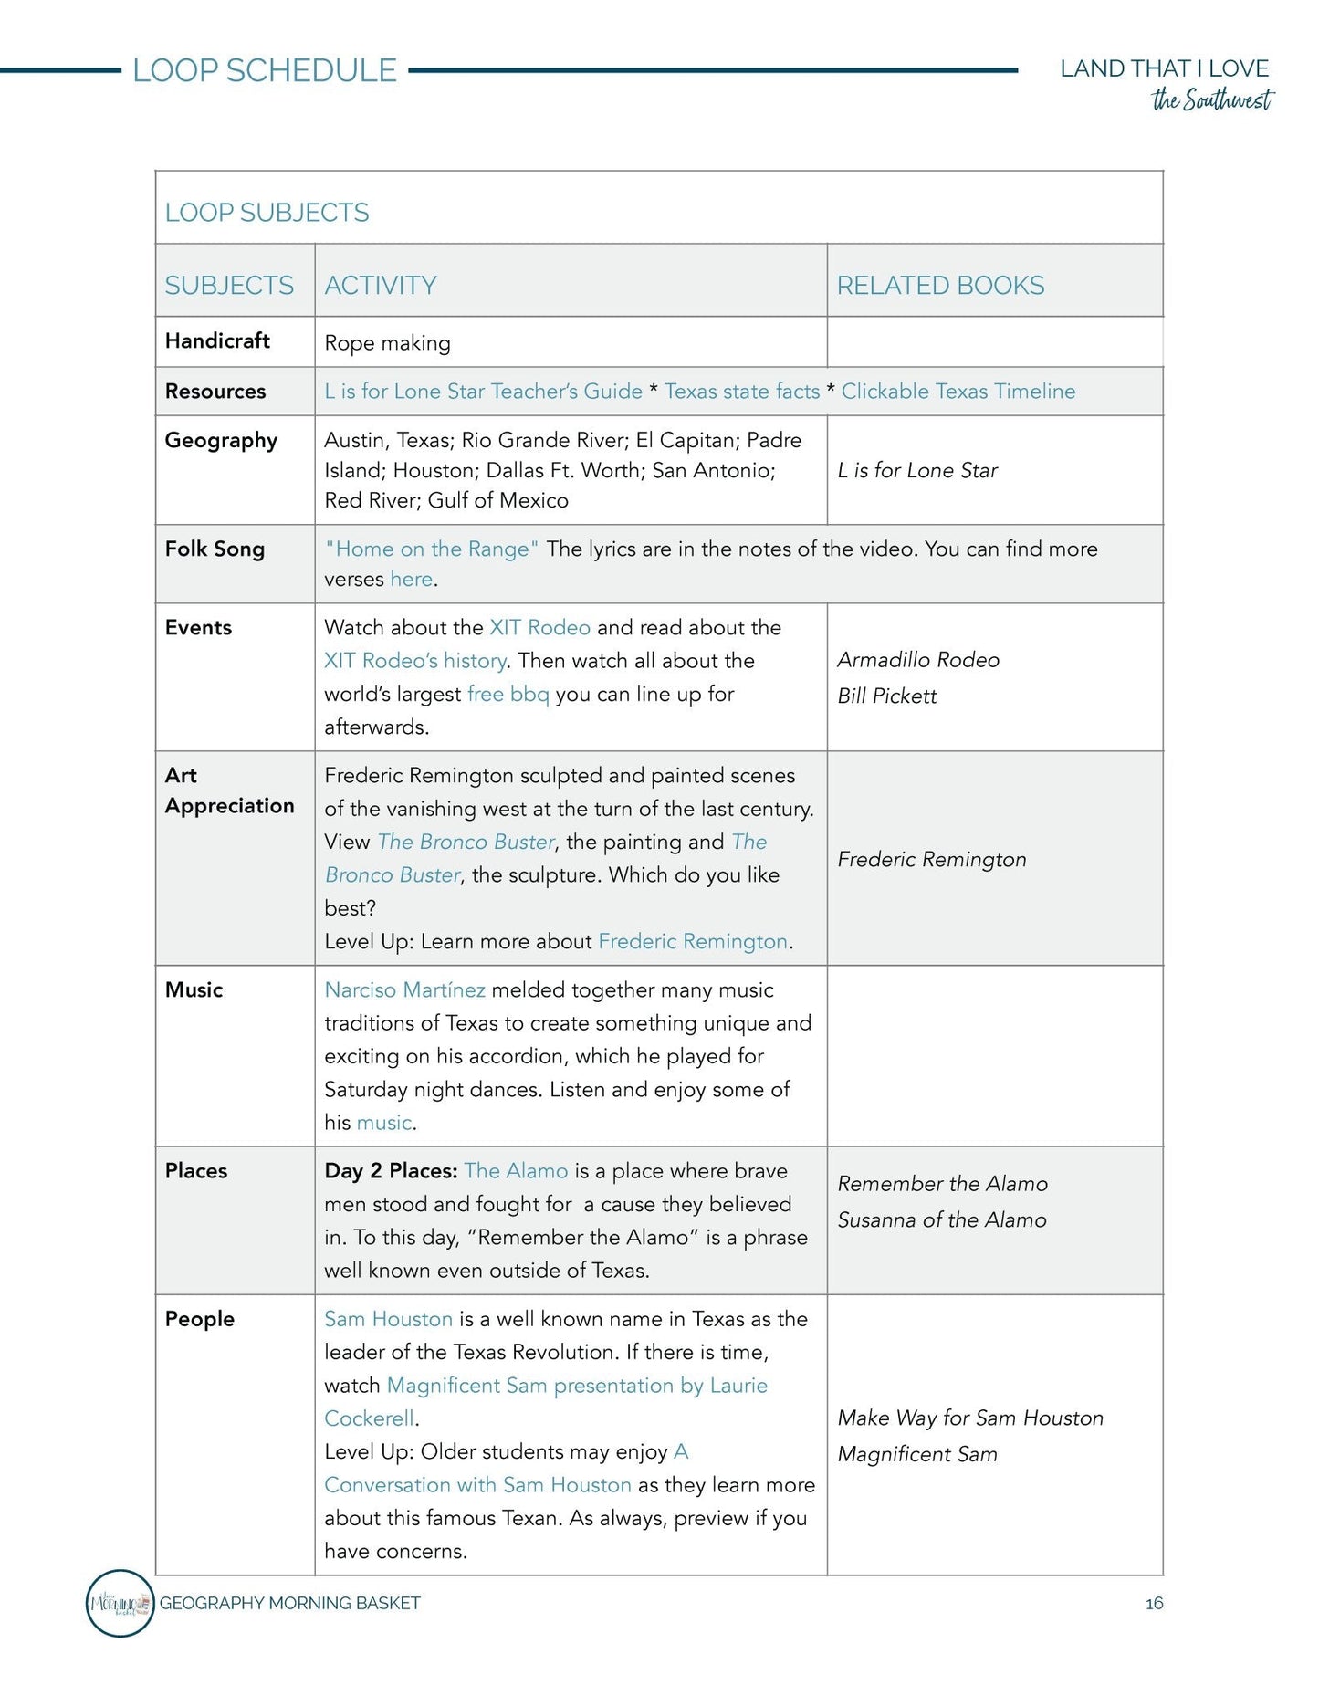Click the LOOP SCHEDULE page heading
[x=264, y=70]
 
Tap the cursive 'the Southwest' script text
[x=1211, y=99]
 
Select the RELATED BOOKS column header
[x=940, y=286]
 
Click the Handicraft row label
[x=217, y=340]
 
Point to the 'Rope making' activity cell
[x=387, y=343]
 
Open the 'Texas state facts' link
[x=741, y=392]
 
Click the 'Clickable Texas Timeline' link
[x=958, y=392]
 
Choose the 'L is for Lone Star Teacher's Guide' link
[x=483, y=392]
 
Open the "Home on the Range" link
[x=432, y=549]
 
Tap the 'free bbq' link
[x=508, y=694]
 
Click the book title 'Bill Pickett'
[x=886, y=696]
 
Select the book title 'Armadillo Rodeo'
[x=917, y=660]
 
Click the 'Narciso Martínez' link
[x=404, y=990]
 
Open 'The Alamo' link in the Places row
[x=516, y=1171]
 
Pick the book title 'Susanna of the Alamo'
[x=941, y=1220]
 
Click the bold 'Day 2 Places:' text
[x=391, y=1171]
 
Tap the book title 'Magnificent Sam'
[x=916, y=1454]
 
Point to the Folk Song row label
[x=215, y=549]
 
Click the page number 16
[x=1154, y=1603]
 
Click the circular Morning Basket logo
[x=120, y=1603]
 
